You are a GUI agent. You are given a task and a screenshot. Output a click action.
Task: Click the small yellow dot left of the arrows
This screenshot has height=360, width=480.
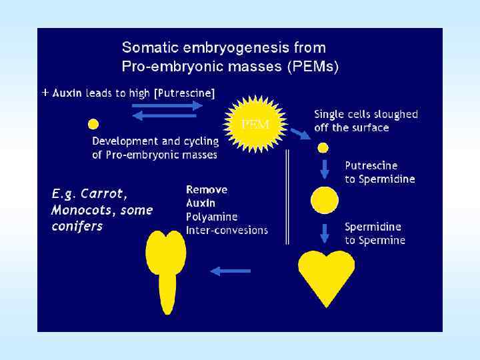[x=94, y=123]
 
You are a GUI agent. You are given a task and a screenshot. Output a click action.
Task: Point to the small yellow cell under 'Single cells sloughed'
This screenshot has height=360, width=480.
[x=323, y=147]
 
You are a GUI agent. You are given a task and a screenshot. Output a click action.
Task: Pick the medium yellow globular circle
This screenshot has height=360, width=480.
[x=325, y=200]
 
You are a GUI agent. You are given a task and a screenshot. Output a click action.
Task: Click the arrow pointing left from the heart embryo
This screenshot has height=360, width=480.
[x=230, y=271]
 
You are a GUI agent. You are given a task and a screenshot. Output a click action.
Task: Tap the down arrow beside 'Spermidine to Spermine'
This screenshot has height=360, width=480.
[x=325, y=233]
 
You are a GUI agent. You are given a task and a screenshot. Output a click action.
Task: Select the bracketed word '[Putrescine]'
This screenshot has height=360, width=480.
[x=184, y=93]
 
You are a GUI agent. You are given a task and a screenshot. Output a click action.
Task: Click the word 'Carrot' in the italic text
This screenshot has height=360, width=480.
[x=101, y=194]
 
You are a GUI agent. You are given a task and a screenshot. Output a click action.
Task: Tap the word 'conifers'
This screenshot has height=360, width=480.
[x=77, y=226]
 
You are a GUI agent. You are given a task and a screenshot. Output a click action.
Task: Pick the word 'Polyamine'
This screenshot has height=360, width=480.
[x=211, y=217]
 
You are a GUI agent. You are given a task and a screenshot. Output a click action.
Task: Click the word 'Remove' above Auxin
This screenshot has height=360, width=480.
[x=207, y=190]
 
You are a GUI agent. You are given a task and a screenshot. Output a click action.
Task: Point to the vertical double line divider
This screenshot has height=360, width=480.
[x=287, y=197]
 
